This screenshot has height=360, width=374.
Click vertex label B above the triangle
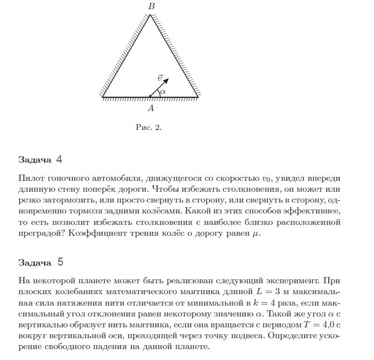point(151,6)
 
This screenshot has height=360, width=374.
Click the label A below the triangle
point(151,107)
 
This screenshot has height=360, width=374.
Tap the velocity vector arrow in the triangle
point(158,89)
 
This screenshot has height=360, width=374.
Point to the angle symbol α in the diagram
point(163,92)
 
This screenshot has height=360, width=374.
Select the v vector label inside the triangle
point(159,77)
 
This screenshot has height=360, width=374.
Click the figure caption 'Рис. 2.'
point(149,128)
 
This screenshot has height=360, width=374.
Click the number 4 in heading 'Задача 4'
point(59,159)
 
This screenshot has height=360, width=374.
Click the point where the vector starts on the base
point(151,97)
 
